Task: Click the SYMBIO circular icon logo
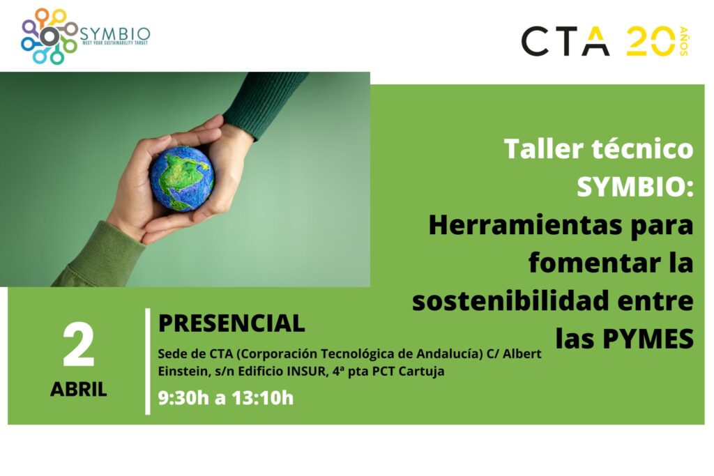[49, 36]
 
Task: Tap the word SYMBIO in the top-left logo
[115, 33]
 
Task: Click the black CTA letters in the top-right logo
[565, 41]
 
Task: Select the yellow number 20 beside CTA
[651, 41]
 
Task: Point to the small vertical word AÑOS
[684, 41]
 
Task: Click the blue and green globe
[182, 179]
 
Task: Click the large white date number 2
[78, 346]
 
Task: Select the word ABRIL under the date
[78, 389]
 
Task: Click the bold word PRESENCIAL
[231, 323]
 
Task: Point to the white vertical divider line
[148, 361]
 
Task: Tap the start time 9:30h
[183, 398]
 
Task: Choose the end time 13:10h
[263, 398]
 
